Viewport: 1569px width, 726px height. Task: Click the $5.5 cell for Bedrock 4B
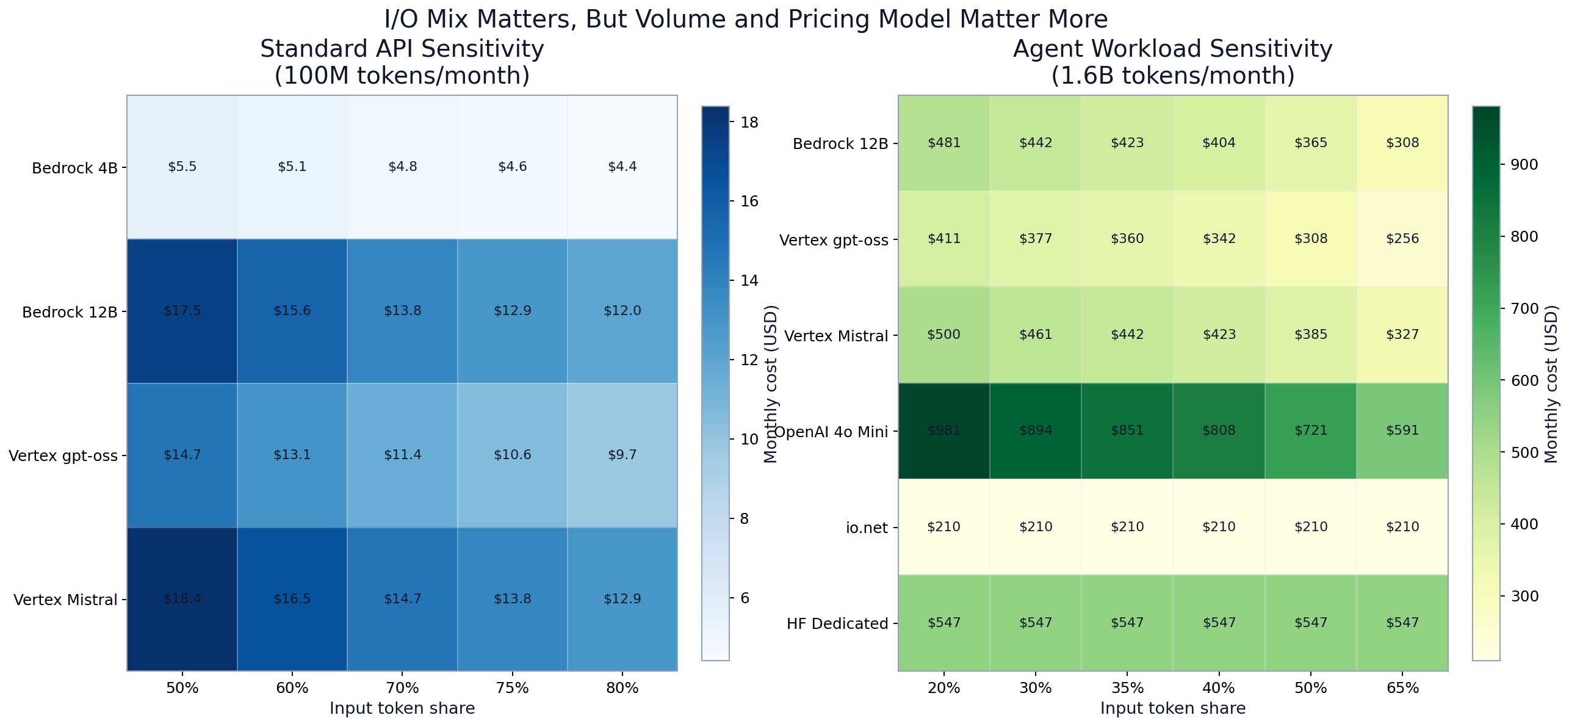[x=182, y=167]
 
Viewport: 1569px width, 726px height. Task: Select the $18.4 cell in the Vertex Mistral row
[x=182, y=599]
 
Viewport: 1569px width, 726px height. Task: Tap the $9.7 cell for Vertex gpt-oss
[x=622, y=455]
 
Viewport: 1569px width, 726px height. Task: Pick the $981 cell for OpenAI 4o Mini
[x=943, y=430]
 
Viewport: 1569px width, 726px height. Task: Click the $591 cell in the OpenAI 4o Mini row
[x=1402, y=430]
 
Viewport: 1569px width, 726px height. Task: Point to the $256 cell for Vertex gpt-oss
[x=1402, y=239]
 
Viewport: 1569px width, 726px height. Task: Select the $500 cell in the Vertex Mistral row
[x=943, y=335]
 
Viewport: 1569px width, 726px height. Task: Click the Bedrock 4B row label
[x=74, y=169]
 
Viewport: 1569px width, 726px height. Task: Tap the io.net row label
[x=867, y=528]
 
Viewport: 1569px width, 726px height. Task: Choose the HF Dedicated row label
[x=837, y=624]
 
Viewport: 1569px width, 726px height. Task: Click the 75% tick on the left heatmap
[x=512, y=688]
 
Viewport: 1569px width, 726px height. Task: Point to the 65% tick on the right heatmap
[x=1402, y=688]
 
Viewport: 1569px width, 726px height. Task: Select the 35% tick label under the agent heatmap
[x=1127, y=688]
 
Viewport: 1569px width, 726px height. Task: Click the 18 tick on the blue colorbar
[x=749, y=123]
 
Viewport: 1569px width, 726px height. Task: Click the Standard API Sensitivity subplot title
[x=402, y=49]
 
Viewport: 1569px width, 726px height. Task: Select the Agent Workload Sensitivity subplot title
[x=1172, y=49]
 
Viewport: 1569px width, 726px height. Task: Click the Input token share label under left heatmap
[x=402, y=708]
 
